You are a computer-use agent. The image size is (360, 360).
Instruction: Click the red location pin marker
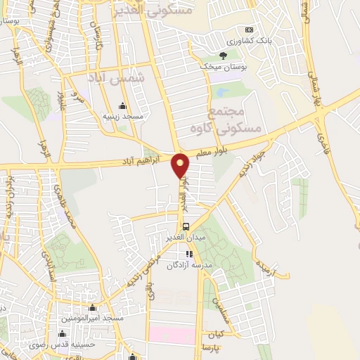pyautogui.click(x=181, y=165)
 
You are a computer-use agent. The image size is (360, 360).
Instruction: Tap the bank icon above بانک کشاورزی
pyautogui.click(x=248, y=30)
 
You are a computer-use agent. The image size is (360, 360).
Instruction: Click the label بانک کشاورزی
pyautogui.click(x=254, y=41)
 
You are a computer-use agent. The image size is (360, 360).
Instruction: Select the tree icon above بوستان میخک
pyautogui.click(x=223, y=55)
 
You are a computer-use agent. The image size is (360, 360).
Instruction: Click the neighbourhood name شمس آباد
pyautogui.click(x=116, y=79)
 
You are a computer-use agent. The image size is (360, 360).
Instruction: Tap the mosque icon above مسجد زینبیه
pyautogui.click(x=124, y=106)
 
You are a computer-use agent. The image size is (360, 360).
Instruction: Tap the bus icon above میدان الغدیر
pyautogui.click(x=186, y=226)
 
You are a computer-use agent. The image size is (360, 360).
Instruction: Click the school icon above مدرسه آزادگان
pyautogui.click(x=188, y=254)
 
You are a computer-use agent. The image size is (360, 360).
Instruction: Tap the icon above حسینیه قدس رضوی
pyautogui.click(x=62, y=333)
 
